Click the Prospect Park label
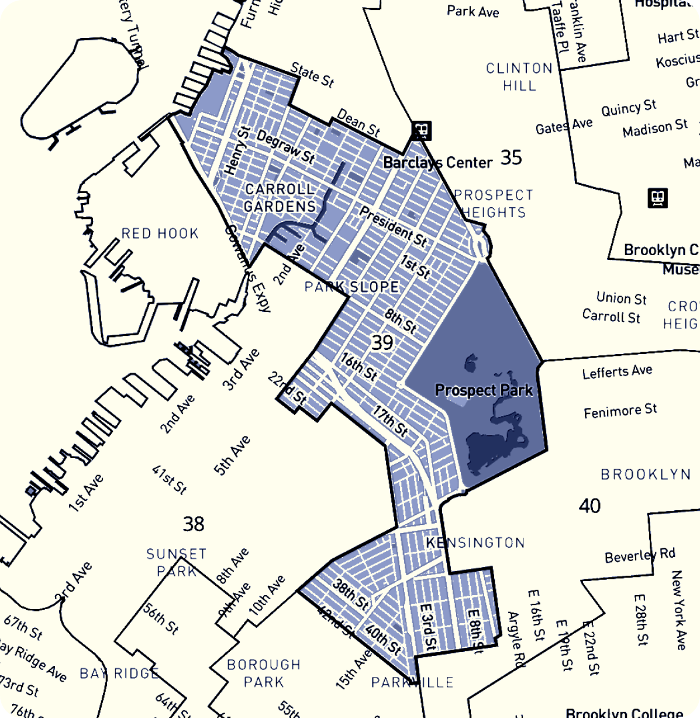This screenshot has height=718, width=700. pos(484,390)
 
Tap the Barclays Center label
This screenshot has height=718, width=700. pos(437,163)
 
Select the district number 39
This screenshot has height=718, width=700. pos(382,342)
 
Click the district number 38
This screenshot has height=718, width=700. pos(194,523)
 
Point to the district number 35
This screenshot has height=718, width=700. pos(511,157)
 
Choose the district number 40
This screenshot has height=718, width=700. pos(589,506)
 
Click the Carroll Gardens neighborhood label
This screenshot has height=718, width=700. pos(280,198)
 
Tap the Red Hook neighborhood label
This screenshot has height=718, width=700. pos(160,234)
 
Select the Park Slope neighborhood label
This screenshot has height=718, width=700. pos(352,287)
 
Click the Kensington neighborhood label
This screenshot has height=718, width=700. pos(475,543)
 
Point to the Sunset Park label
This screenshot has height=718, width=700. pos(177,562)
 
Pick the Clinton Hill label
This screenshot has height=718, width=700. pos(520,77)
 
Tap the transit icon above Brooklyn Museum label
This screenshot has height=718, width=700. pos(658,198)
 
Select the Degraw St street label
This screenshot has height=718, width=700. pos(286,147)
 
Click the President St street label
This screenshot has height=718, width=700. pos(393,226)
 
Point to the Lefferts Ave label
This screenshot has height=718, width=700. pos(617,372)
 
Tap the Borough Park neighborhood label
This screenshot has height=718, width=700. pos(264,673)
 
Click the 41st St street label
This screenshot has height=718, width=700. pos(169,479)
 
